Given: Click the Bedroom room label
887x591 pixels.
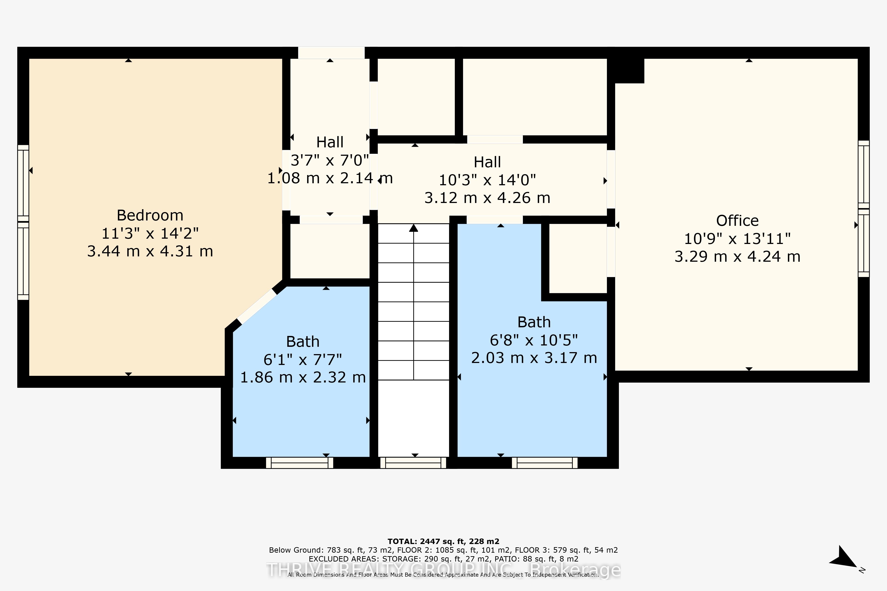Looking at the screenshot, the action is click(150, 215).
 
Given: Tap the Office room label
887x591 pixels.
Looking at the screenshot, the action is click(737, 220).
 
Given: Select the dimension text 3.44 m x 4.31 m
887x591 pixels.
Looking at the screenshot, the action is click(150, 251).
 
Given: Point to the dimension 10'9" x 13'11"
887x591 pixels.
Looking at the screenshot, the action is click(737, 239).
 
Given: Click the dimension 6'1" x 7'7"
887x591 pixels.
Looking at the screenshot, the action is click(303, 360).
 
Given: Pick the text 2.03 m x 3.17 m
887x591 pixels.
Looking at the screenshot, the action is click(534, 358).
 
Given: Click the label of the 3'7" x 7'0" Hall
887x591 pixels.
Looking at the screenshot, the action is click(330, 142).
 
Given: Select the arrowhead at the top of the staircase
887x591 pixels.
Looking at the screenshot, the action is click(414, 228).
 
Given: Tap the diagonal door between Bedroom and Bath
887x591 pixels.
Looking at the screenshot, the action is click(257, 306).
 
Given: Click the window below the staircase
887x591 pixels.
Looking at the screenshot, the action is click(413, 462).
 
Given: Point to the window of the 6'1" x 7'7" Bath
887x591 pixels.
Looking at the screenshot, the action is click(299, 462).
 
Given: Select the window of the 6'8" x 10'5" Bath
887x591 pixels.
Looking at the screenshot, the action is click(545, 462).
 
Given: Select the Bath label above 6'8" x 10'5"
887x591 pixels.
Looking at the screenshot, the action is click(534, 322).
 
